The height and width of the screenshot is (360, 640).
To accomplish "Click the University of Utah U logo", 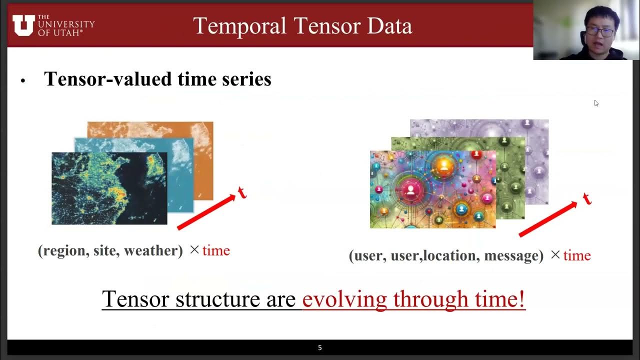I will [x=23, y=25].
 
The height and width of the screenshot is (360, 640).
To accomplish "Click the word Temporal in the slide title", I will [x=234, y=26].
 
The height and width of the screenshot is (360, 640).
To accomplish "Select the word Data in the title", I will [x=388, y=26].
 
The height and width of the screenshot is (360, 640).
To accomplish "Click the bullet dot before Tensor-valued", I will [x=22, y=81].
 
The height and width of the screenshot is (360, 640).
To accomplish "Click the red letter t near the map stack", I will [x=242, y=192].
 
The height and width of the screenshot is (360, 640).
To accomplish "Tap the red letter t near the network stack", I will [x=586, y=198].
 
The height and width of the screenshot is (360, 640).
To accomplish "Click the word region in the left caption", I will [x=63, y=250].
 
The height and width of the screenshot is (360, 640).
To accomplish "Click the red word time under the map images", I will [x=216, y=250].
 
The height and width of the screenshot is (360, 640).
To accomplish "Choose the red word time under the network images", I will [x=577, y=255].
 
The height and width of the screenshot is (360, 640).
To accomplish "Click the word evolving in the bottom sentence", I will [x=345, y=299].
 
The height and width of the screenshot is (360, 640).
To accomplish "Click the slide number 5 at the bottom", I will [x=320, y=347].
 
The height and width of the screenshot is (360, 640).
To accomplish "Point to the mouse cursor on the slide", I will [x=596, y=103].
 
